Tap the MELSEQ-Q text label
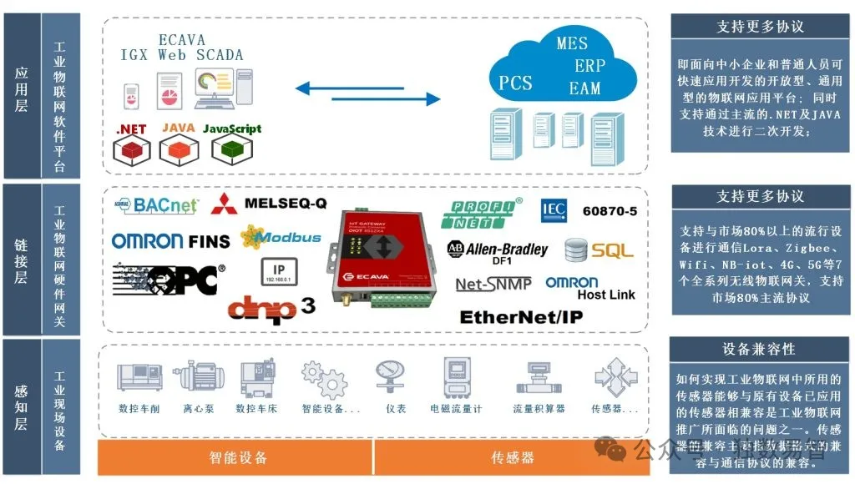coord(286,203)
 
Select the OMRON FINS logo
coord(170,241)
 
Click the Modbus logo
coord(281,237)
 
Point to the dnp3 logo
coord(271,307)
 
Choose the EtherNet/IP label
coord(521,317)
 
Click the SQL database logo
coord(599,250)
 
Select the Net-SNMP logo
coord(494,285)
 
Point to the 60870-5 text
coord(609,210)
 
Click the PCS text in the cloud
coord(515,83)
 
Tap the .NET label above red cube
coord(132,129)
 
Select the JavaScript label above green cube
coord(232,129)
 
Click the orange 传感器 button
coord(512,457)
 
